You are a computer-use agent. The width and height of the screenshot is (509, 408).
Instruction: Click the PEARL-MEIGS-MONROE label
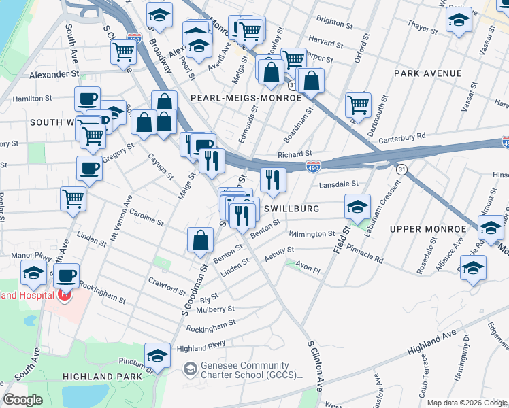point(246,98)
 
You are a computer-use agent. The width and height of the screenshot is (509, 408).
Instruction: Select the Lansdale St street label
point(338,184)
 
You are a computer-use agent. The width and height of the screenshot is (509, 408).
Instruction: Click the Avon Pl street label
point(308,269)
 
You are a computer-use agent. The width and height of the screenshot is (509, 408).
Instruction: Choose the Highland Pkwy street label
point(200,348)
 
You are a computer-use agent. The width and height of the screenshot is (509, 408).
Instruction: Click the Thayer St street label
point(422,27)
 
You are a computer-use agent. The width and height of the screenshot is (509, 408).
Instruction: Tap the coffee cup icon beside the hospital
point(66,275)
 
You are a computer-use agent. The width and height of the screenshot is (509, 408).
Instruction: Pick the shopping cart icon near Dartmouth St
point(358,105)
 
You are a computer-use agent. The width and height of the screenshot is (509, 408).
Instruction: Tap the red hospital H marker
point(63,295)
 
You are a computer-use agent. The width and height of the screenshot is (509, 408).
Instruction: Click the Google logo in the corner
point(24,400)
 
